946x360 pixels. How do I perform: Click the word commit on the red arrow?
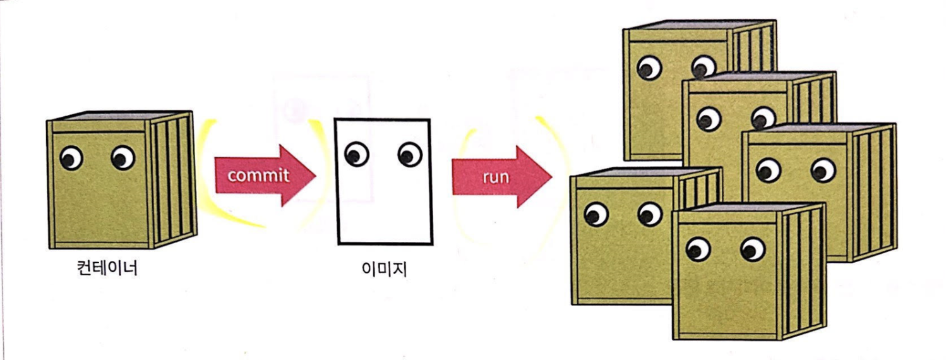click(x=258, y=175)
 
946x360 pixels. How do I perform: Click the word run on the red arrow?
click(x=495, y=176)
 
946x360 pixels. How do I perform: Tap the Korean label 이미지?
click(x=384, y=270)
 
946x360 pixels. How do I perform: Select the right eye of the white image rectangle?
click(x=410, y=153)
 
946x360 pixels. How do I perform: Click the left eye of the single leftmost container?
click(x=71, y=158)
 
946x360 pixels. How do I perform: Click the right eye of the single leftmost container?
click(x=123, y=158)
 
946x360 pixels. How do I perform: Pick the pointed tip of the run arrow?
click(x=552, y=176)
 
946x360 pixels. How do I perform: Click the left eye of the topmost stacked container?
click(x=648, y=67)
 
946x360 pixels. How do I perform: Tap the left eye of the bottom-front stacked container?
click(x=698, y=249)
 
